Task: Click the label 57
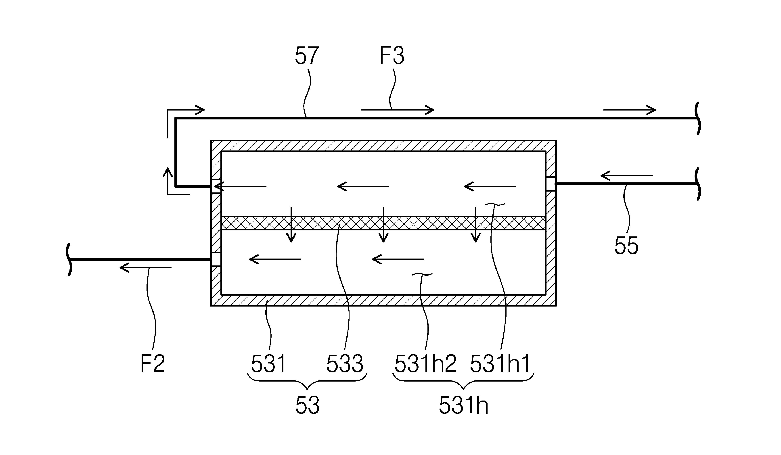coord(307,56)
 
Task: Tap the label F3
coord(392,56)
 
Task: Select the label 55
coord(626,246)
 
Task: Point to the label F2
coord(153,364)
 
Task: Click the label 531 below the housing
coord(268,364)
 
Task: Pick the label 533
coord(345,364)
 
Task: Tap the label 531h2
coord(425,364)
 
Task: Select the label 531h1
coord(500,364)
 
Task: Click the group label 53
coord(307,405)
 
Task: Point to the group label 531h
coord(464,405)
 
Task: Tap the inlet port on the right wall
coord(551,183)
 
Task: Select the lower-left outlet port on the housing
coord(216,259)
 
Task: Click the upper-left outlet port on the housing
coord(216,186)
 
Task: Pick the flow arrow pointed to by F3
coord(398,110)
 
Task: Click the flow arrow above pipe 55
coord(627,176)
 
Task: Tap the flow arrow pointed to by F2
coord(146,267)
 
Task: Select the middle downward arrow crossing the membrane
coord(383,225)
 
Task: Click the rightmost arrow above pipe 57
coord(629,110)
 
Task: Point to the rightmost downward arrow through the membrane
coord(476,225)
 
